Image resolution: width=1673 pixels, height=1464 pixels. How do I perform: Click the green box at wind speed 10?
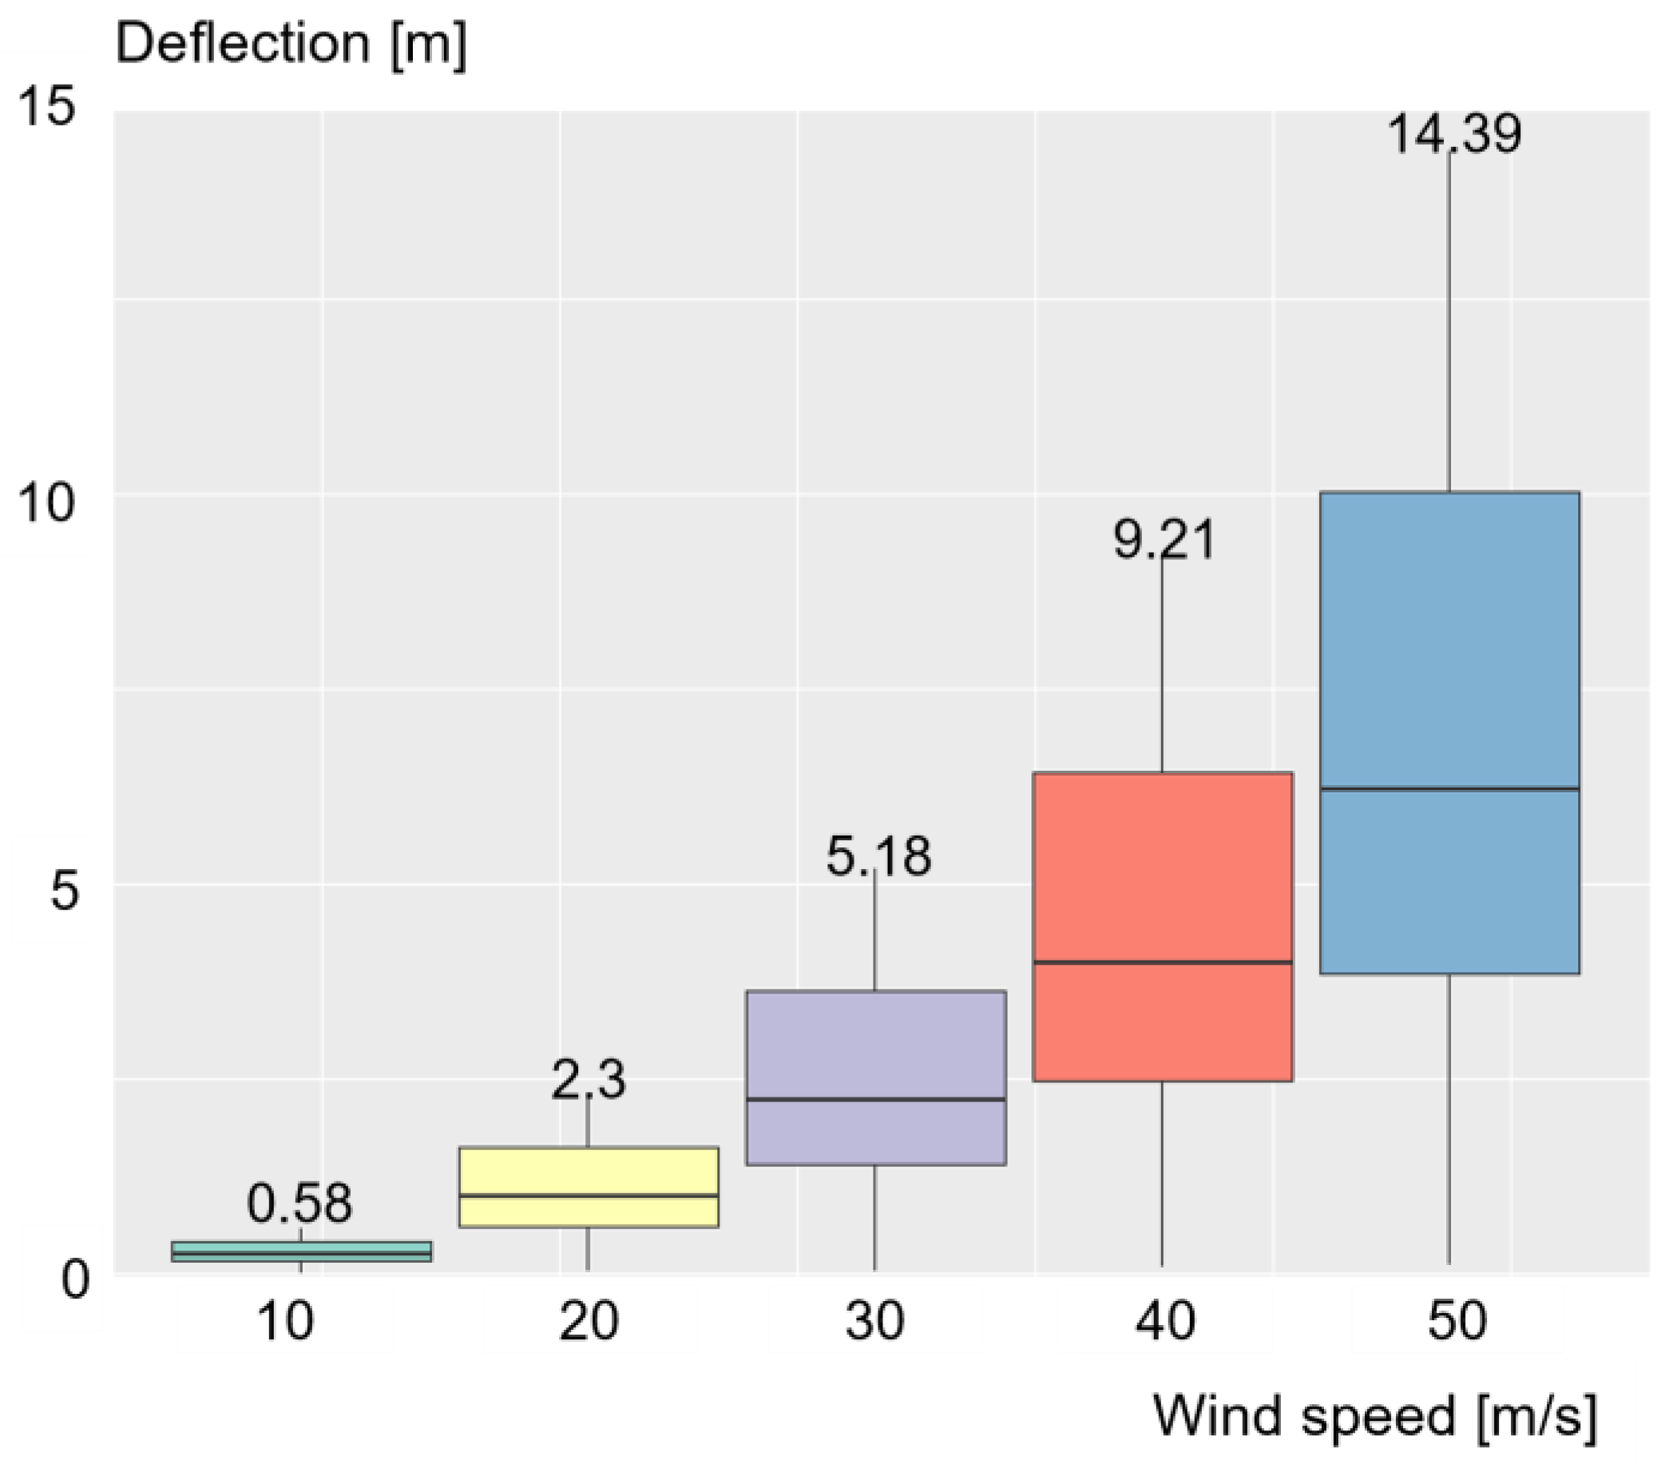(x=301, y=1252)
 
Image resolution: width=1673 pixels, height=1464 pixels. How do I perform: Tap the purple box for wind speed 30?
(x=876, y=1054)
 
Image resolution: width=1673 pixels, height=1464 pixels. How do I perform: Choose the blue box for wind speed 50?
(x=1449, y=653)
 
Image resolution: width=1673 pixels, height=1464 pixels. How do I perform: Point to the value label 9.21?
(x=1165, y=540)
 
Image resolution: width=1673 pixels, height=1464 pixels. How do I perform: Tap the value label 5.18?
(x=878, y=857)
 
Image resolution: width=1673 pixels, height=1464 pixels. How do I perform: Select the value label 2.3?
(x=589, y=1079)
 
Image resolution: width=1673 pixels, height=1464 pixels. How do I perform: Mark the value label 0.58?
(x=299, y=1204)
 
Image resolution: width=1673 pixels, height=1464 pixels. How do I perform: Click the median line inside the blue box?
(x=1449, y=788)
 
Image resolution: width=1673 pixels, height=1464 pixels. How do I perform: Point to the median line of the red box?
(x=1162, y=962)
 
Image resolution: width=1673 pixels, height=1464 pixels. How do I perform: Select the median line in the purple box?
(x=876, y=1100)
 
